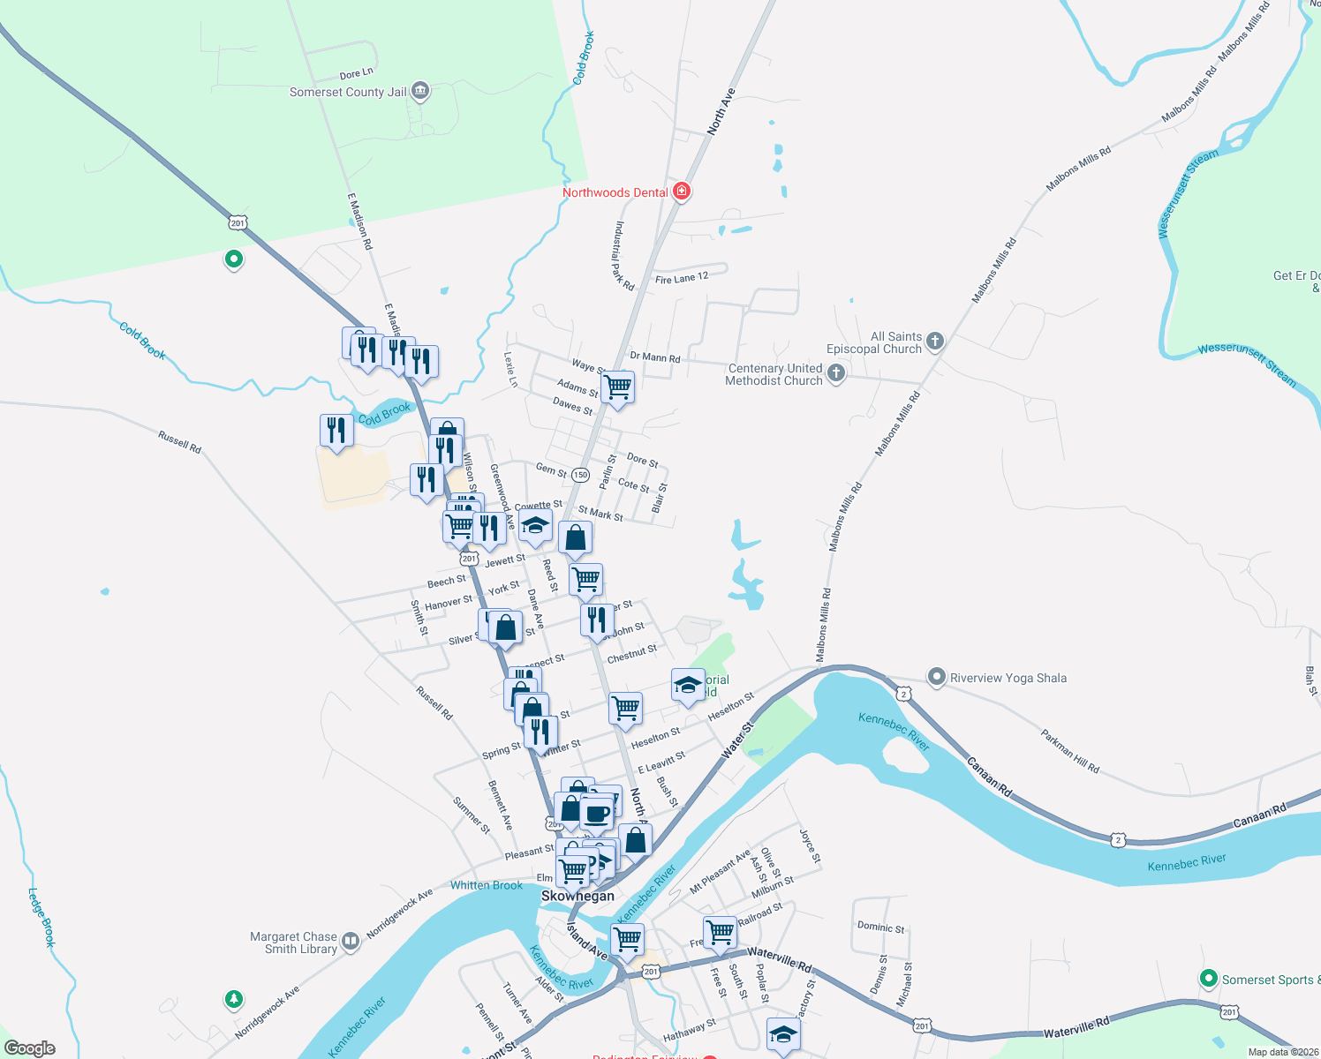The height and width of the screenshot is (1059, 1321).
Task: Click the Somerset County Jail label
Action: (x=348, y=92)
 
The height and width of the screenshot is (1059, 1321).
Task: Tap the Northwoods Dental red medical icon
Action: (x=681, y=192)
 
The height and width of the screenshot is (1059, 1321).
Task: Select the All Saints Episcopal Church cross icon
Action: (x=935, y=342)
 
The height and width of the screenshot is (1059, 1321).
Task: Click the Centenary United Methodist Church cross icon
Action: (x=836, y=374)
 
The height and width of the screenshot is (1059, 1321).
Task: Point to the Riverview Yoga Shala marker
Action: (x=936, y=677)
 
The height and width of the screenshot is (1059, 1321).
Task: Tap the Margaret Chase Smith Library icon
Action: (x=351, y=942)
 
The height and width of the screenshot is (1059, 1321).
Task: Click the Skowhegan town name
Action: (x=577, y=896)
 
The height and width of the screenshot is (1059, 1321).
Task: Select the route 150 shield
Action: (x=580, y=475)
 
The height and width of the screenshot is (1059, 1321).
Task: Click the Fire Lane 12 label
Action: (x=682, y=278)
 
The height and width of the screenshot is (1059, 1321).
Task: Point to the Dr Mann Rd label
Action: (x=654, y=357)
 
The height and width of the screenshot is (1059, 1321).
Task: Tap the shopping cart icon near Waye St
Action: (x=617, y=387)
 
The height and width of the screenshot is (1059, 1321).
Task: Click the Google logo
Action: (x=30, y=1048)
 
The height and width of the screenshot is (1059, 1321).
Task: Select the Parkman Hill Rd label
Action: (x=1069, y=752)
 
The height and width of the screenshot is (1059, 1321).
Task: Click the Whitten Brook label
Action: (x=487, y=885)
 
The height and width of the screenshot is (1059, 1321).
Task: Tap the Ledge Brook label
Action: (x=42, y=917)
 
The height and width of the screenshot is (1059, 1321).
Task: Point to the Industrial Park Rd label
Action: (x=623, y=256)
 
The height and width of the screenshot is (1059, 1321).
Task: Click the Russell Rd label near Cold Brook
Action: (x=179, y=441)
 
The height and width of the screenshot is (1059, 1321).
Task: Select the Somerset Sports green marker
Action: (x=1209, y=979)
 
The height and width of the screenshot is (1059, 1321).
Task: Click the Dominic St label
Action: (x=880, y=928)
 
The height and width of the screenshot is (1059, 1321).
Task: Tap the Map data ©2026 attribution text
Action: (x=1283, y=1052)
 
